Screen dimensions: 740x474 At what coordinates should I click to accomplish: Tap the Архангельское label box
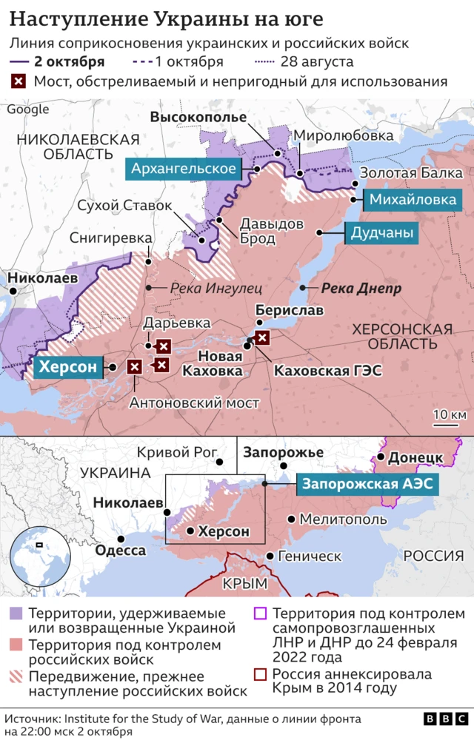point(184,169)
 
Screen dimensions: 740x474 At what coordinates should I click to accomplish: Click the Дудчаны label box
point(382,234)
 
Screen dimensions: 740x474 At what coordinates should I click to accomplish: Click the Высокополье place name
point(198,117)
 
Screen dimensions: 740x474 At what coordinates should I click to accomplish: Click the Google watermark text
point(28,110)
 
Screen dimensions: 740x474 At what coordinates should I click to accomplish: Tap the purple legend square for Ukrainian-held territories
point(16,614)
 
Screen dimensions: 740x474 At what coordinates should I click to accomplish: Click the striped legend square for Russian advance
point(16,676)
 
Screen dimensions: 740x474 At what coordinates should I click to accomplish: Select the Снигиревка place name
point(110,238)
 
